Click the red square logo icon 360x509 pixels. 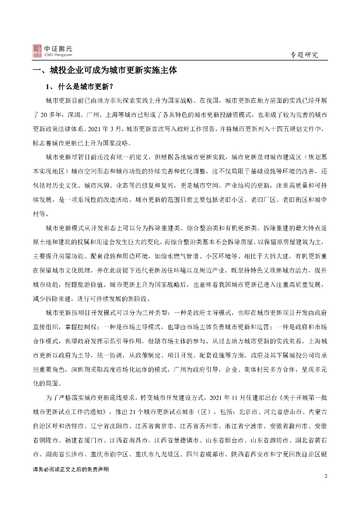coord(37,50)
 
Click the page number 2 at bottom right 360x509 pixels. coord(326,477)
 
